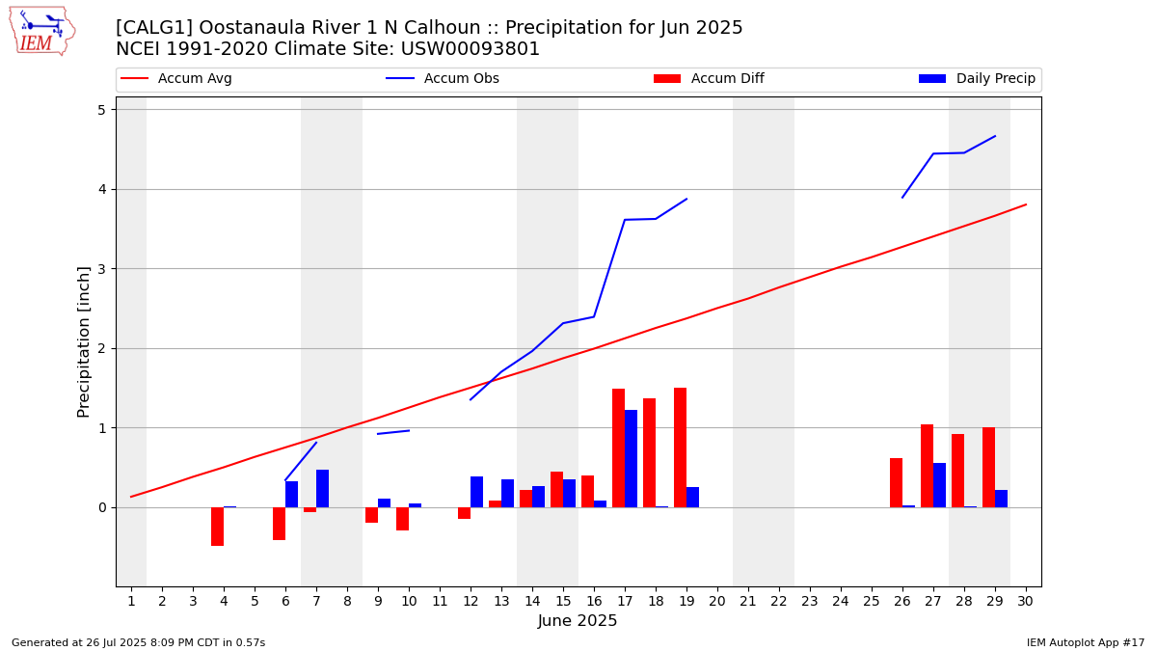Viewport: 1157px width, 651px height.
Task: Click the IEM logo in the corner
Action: pyautogui.click(x=41, y=31)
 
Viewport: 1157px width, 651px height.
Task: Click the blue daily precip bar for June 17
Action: pyautogui.click(x=631, y=459)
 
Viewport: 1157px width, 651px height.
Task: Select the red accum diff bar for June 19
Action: pyautogui.click(x=680, y=448)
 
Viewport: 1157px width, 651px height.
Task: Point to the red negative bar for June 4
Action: pyautogui.click(x=217, y=527)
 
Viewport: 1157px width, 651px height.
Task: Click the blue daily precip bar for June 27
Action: pyautogui.click(x=939, y=485)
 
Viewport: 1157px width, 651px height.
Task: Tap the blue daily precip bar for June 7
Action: pyautogui.click(x=322, y=488)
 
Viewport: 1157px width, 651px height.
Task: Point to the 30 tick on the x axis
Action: pyautogui.click(x=1025, y=602)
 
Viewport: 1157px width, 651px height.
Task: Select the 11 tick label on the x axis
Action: pyautogui.click(x=440, y=602)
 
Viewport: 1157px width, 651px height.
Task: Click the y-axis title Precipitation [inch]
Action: pyautogui.click(x=84, y=341)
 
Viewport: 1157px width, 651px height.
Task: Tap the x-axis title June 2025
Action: pyautogui.click(x=578, y=622)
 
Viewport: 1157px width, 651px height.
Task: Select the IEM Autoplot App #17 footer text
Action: pyautogui.click(x=1085, y=643)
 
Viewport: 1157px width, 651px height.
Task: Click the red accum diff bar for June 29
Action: pyautogui.click(x=988, y=467)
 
